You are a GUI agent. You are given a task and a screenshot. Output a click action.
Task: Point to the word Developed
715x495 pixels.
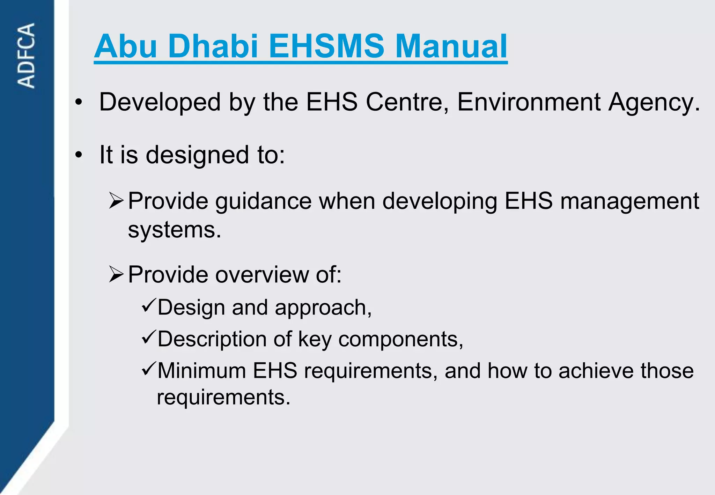coord(160,102)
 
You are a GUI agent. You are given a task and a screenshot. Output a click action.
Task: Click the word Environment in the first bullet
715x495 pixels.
coord(529,102)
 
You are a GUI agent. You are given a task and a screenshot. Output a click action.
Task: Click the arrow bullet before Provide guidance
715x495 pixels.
coord(116,201)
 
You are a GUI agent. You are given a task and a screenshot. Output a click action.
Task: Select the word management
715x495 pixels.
coord(629,202)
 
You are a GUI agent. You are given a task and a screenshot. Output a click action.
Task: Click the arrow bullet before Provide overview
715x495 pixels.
coord(116,274)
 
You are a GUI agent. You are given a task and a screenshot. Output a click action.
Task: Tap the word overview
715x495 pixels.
coord(262,275)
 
